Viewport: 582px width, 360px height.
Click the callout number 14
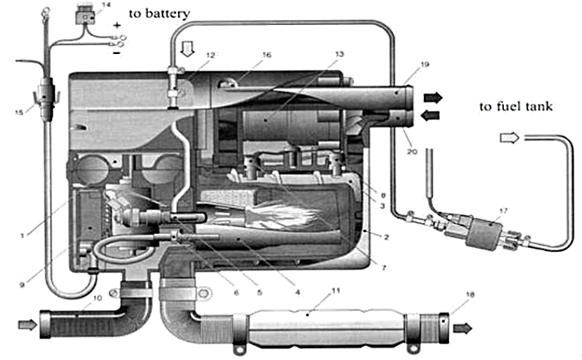point(105,5)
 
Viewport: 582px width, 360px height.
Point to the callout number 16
point(268,54)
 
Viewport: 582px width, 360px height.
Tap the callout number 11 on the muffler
point(336,291)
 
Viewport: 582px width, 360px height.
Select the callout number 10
point(97,297)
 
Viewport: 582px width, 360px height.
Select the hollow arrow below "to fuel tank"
point(508,138)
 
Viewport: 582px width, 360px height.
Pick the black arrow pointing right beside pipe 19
point(433,96)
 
